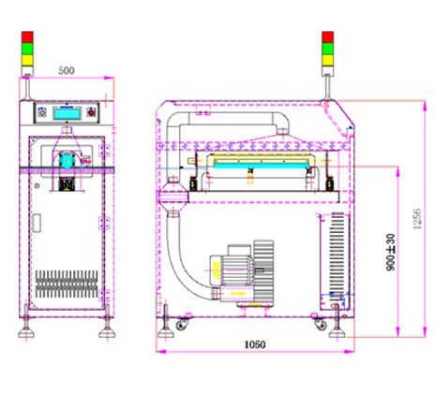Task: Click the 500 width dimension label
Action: click(x=67, y=71)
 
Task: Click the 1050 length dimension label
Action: click(x=255, y=344)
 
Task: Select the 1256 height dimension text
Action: click(x=417, y=219)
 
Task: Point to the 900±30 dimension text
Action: click(x=391, y=253)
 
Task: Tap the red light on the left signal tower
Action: click(x=27, y=36)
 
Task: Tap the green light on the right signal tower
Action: click(x=327, y=49)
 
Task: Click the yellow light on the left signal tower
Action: click(x=27, y=60)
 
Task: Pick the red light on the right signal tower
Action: click(x=327, y=36)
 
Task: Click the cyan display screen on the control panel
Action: click(x=67, y=113)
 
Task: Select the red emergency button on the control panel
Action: click(x=92, y=112)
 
